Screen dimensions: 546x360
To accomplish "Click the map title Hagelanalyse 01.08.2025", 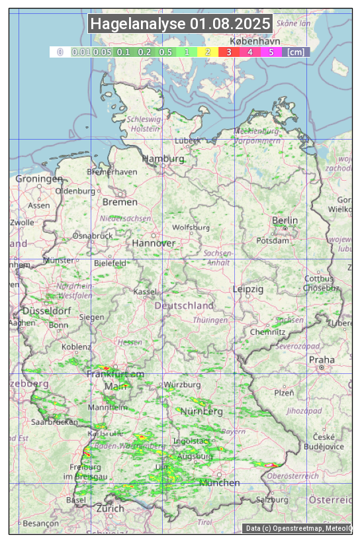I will point(180,24).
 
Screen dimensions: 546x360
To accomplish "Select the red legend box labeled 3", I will point(228,52).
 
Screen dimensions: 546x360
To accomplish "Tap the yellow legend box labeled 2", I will point(208,52).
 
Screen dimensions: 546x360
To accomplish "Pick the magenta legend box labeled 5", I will point(271,52).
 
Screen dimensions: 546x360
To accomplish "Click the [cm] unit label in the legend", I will point(296,52).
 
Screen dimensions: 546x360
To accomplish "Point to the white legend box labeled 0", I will point(60,52).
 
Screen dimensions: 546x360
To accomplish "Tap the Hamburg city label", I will point(163,159).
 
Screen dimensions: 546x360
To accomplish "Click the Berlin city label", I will point(285,220).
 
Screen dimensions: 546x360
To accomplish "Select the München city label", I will point(219,483).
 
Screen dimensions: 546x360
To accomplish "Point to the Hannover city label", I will point(154,243).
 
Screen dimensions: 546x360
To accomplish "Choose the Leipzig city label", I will point(248,289).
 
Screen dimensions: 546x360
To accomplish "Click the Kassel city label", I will point(144,292).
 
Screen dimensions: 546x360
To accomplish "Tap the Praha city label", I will point(322,360).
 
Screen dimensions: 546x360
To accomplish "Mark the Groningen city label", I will point(39,179).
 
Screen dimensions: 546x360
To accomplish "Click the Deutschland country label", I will point(184,306).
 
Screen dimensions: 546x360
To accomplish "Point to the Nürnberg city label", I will point(202,412).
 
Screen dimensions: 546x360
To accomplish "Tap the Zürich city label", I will point(110,508).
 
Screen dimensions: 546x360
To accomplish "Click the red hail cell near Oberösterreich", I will point(271,465).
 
